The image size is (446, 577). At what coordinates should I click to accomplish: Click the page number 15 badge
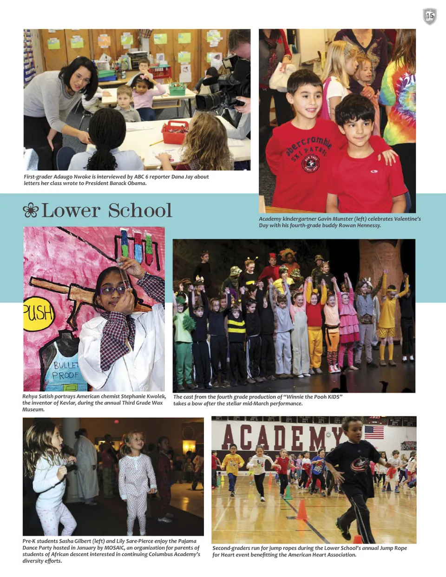pos(430,16)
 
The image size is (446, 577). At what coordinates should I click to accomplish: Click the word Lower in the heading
pos(71,210)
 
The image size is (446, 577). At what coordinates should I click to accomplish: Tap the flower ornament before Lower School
pos(31,210)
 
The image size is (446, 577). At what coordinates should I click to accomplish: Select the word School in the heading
pos(140,210)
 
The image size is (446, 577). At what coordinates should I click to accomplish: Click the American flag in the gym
pos(374,432)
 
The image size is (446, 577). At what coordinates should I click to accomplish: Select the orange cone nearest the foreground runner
pos(302,510)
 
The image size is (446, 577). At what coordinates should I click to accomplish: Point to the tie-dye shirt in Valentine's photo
pos(398,107)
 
